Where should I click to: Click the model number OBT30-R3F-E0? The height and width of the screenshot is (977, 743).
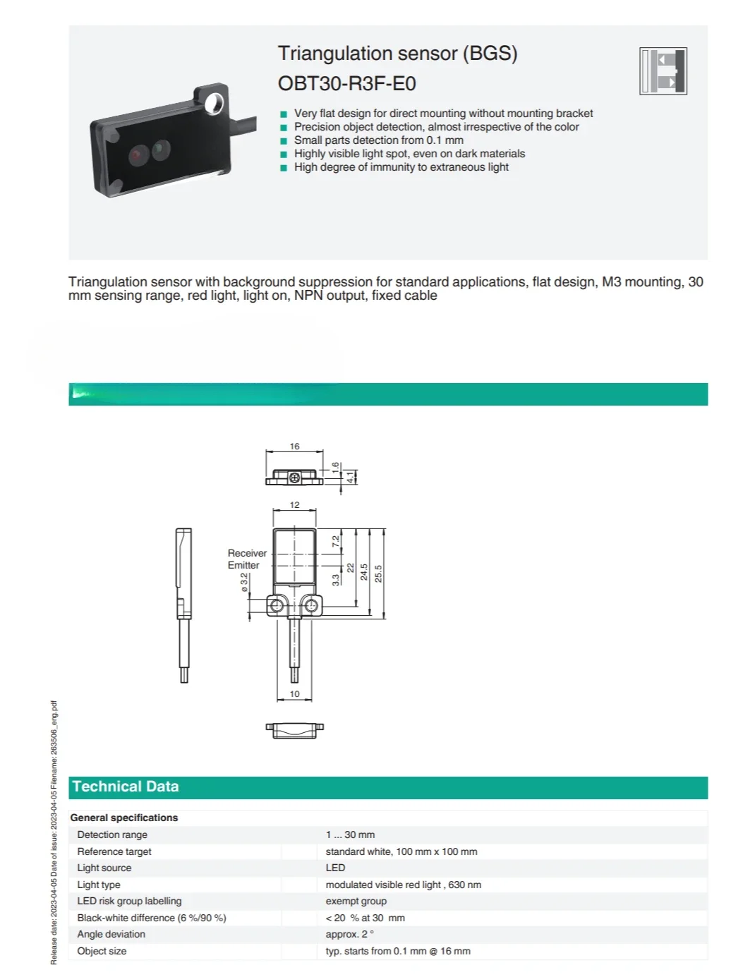point(346,83)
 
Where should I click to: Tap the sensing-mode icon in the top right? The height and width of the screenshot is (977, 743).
point(663,71)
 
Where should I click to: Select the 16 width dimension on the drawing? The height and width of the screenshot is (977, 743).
point(294,447)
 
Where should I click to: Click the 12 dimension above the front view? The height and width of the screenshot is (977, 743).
point(294,505)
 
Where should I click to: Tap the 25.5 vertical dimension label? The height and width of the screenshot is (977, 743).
point(378,573)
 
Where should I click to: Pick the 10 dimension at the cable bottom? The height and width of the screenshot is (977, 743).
point(294,694)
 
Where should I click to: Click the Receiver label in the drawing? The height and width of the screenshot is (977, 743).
point(247,553)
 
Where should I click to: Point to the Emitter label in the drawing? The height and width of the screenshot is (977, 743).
point(243,565)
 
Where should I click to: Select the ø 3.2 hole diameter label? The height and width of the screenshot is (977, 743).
point(244,583)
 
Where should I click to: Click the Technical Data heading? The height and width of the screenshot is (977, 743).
point(125,787)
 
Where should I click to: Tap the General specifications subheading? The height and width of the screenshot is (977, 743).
point(124,818)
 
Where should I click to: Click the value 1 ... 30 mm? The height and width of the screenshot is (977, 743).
point(350,835)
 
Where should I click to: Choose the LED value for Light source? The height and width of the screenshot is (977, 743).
point(335,868)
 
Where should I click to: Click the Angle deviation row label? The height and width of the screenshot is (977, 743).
point(111,934)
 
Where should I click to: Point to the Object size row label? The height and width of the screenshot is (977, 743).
point(102,951)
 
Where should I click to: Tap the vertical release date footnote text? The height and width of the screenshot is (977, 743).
point(54,832)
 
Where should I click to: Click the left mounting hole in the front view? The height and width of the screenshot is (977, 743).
point(277,606)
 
